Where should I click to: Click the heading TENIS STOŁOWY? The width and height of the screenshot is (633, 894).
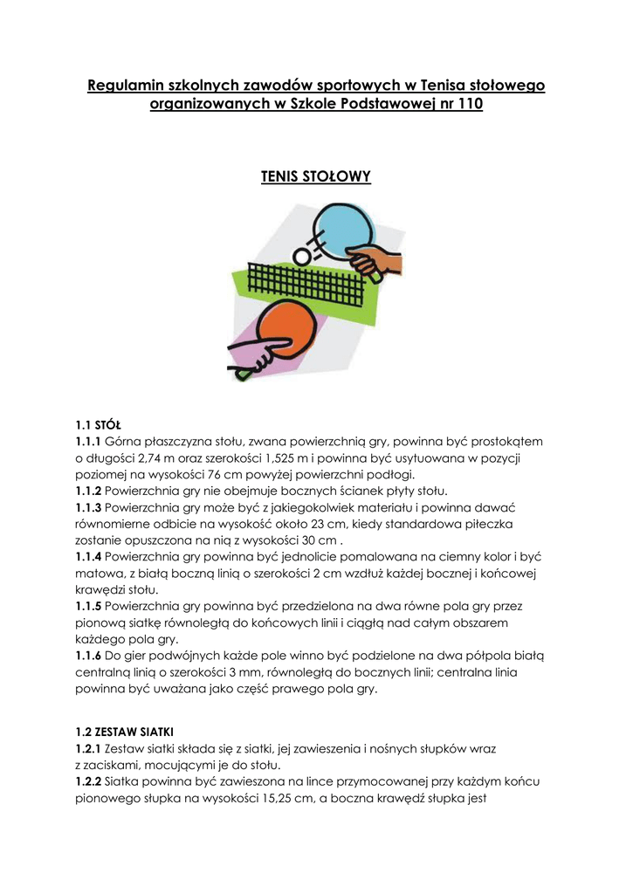coord(316,177)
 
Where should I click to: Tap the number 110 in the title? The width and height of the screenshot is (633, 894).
coord(467,105)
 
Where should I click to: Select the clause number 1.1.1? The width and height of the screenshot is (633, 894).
coord(88,441)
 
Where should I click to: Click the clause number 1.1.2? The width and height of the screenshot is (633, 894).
coord(88,491)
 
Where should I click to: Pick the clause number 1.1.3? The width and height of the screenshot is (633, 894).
coord(88,507)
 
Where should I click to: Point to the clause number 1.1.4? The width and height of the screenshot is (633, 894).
coord(88,556)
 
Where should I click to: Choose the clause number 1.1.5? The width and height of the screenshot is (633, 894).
coord(88,606)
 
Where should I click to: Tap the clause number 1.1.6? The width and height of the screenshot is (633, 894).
coord(88,655)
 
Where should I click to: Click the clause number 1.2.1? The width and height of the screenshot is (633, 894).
coord(88,749)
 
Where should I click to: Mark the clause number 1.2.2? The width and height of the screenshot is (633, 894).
coord(88,781)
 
